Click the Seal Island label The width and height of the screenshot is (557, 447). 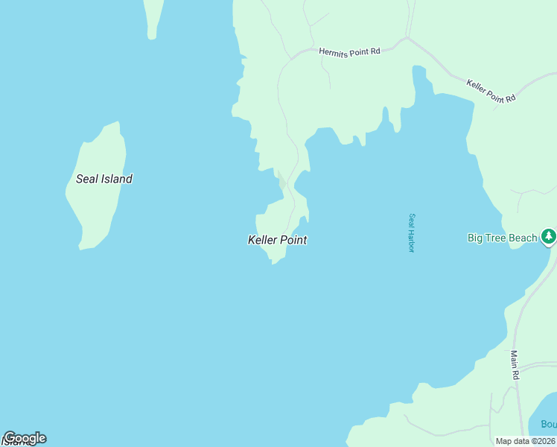click(x=104, y=179)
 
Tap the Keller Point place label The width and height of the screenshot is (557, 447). click(x=277, y=240)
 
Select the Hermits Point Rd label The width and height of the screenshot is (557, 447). click(x=349, y=51)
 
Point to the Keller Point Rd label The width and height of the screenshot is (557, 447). click(x=491, y=90)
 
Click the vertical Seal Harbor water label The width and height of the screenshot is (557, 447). click(x=410, y=233)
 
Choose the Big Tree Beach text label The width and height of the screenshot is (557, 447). click(x=502, y=238)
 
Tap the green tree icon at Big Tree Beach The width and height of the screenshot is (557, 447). click(x=549, y=237)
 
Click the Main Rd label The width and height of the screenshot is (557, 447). click(x=514, y=366)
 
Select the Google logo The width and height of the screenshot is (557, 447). click(x=25, y=438)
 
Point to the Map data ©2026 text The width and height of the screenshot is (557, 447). click(x=525, y=441)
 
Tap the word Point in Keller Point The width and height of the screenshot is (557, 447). click(x=293, y=240)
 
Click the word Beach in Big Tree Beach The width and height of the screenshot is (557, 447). click(x=522, y=238)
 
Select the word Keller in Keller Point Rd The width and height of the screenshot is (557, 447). click(x=478, y=84)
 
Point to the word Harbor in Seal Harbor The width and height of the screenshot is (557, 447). click(x=410, y=241)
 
